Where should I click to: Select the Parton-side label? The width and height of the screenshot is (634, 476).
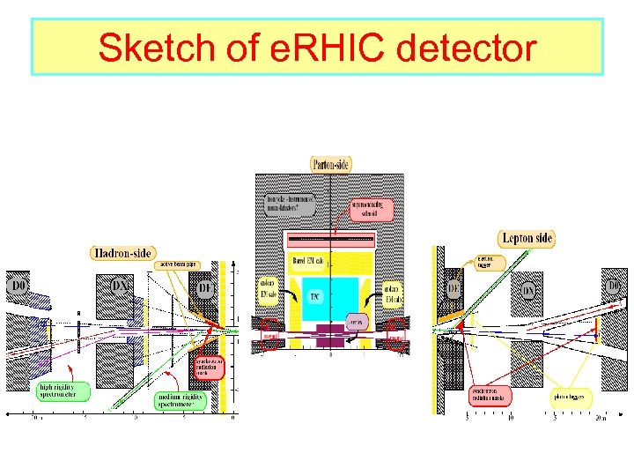click(x=333, y=164)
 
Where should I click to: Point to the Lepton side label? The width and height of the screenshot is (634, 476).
click(x=527, y=238)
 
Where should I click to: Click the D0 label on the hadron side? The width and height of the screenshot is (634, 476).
click(x=18, y=286)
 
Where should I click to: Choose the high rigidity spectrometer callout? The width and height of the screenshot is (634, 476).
click(x=63, y=390)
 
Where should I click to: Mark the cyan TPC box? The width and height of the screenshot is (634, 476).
click(x=315, y=298)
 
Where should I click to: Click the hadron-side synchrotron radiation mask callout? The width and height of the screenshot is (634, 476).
click(x=210, y=367)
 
